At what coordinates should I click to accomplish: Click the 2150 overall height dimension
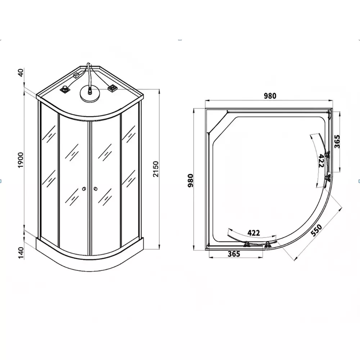point(156,169)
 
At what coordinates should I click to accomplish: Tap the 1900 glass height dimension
point(21,160)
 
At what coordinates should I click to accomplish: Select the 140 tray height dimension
point(21,253)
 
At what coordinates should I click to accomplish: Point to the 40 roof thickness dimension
point(21,73)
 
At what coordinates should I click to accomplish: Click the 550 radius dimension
point(316,230)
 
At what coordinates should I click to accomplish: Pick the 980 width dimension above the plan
point(270,96)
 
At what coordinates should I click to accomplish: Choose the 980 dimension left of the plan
point(190,181)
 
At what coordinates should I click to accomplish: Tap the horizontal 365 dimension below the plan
point(234,254)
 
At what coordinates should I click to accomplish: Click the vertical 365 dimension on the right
point(337,141)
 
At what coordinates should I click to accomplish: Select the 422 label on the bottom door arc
point(254,233)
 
